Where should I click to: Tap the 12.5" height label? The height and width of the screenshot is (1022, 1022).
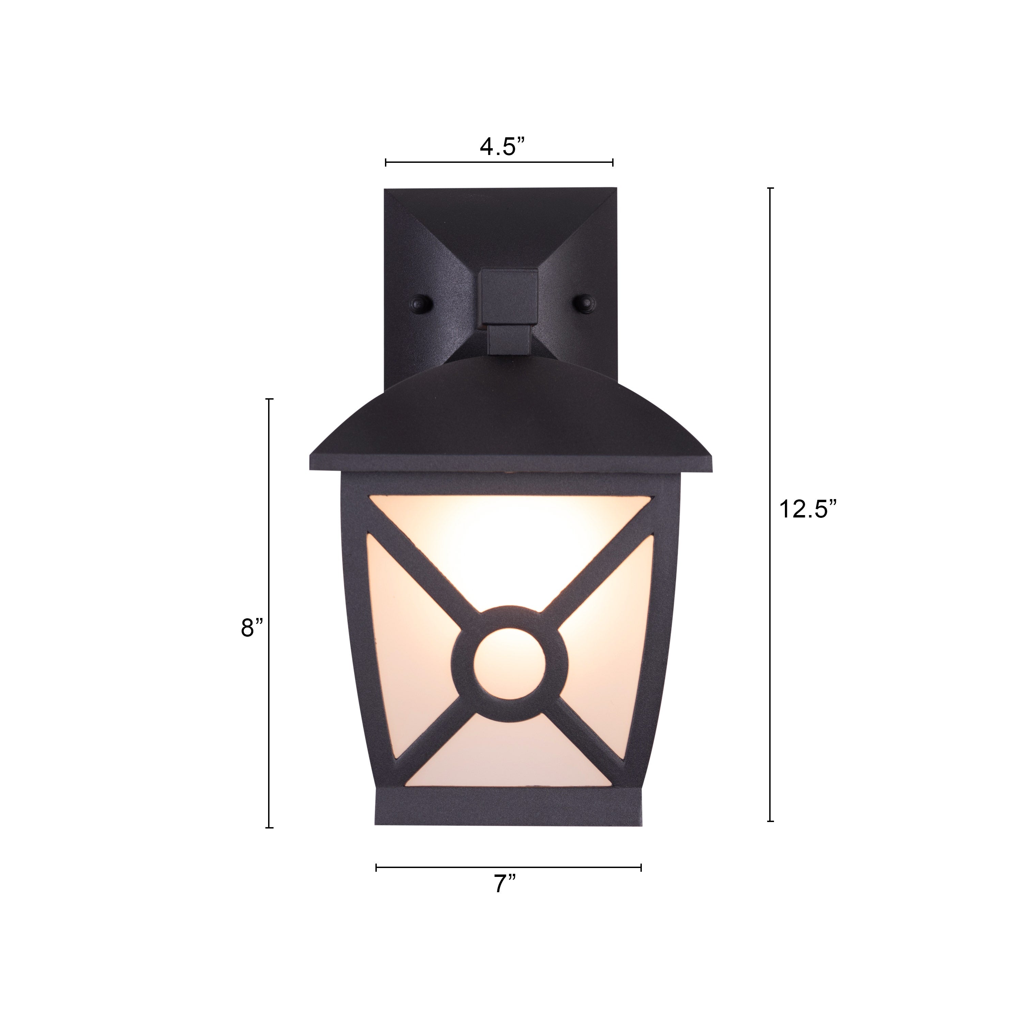(x=808, y=509)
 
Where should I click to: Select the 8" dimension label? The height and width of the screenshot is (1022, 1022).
(x=251, y=628)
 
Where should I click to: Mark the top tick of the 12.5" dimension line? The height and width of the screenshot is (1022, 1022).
(x=770, y=188)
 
